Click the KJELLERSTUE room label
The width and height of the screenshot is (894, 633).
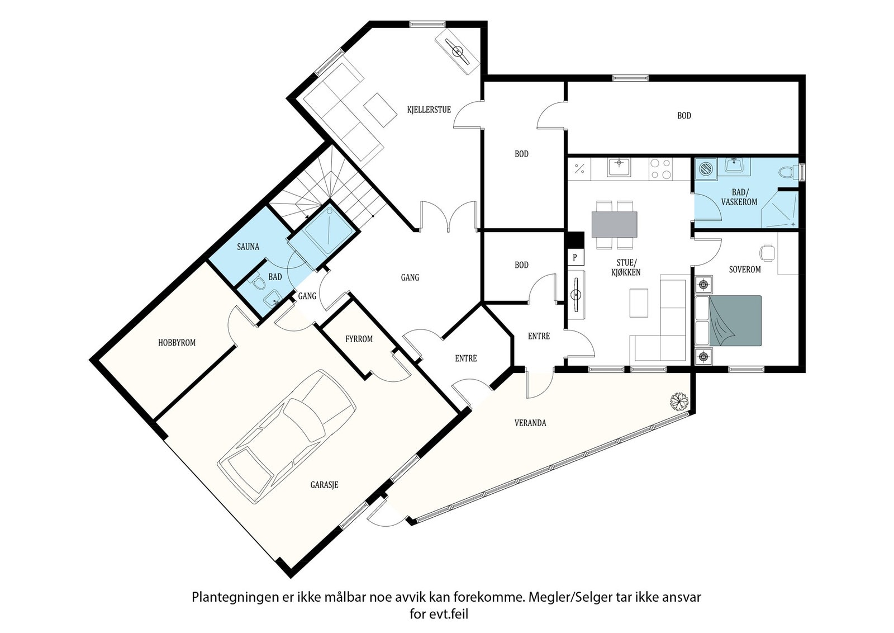click(x=429, y=110)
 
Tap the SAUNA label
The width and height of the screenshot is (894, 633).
click(x=248, y=247)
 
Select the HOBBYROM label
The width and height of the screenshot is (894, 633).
click(x=177, y=343)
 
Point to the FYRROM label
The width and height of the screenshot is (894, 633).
click(x=359, y=339)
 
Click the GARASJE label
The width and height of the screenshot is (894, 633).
click(x=325, y=485)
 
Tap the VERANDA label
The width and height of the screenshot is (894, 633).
click(x=530, y=423)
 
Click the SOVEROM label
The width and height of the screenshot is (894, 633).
click(x=745, y=270)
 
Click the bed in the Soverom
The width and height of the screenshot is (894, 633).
click(x=728, y=320)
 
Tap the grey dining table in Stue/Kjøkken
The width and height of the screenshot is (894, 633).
click(x=614, y=224)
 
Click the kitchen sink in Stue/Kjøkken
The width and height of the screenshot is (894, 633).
click(x=619, y=167)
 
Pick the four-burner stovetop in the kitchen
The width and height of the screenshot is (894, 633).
click(x=660, y=169)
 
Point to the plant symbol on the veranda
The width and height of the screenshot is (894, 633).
click(x=679, y=401)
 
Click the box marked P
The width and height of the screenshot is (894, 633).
click(x=575, y=257)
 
